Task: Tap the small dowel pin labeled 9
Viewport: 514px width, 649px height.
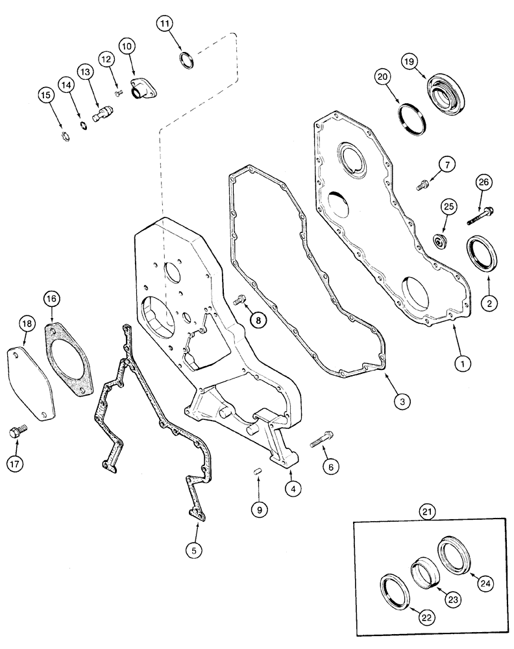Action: pyautogui.click(x=258, y=469)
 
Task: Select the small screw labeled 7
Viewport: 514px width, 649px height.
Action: pyautogui.click(x=423, y=185)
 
